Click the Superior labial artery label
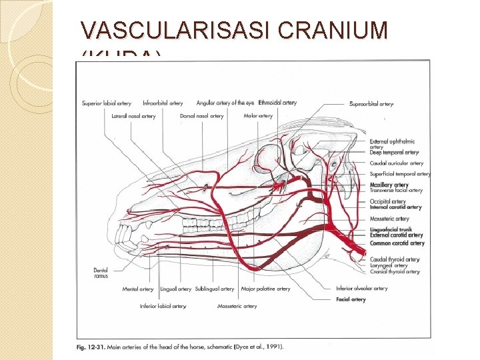pos(107,103)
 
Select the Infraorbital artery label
pos(163,103)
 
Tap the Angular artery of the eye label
pos(225,103)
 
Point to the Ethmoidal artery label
pos(277,103)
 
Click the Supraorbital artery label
pos(371,104)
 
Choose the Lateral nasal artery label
pos(133,116)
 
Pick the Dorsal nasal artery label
pos(201,116)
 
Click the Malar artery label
pos(258,116)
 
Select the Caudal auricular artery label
pos(396,163)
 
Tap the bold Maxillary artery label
pos(389,185)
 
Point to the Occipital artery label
pos(387,201)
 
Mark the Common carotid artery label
pos(397,243)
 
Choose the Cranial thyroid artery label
pos(395,271)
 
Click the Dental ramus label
pos(101,273)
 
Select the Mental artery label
pos(138,289)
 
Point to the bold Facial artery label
pos(351,300)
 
